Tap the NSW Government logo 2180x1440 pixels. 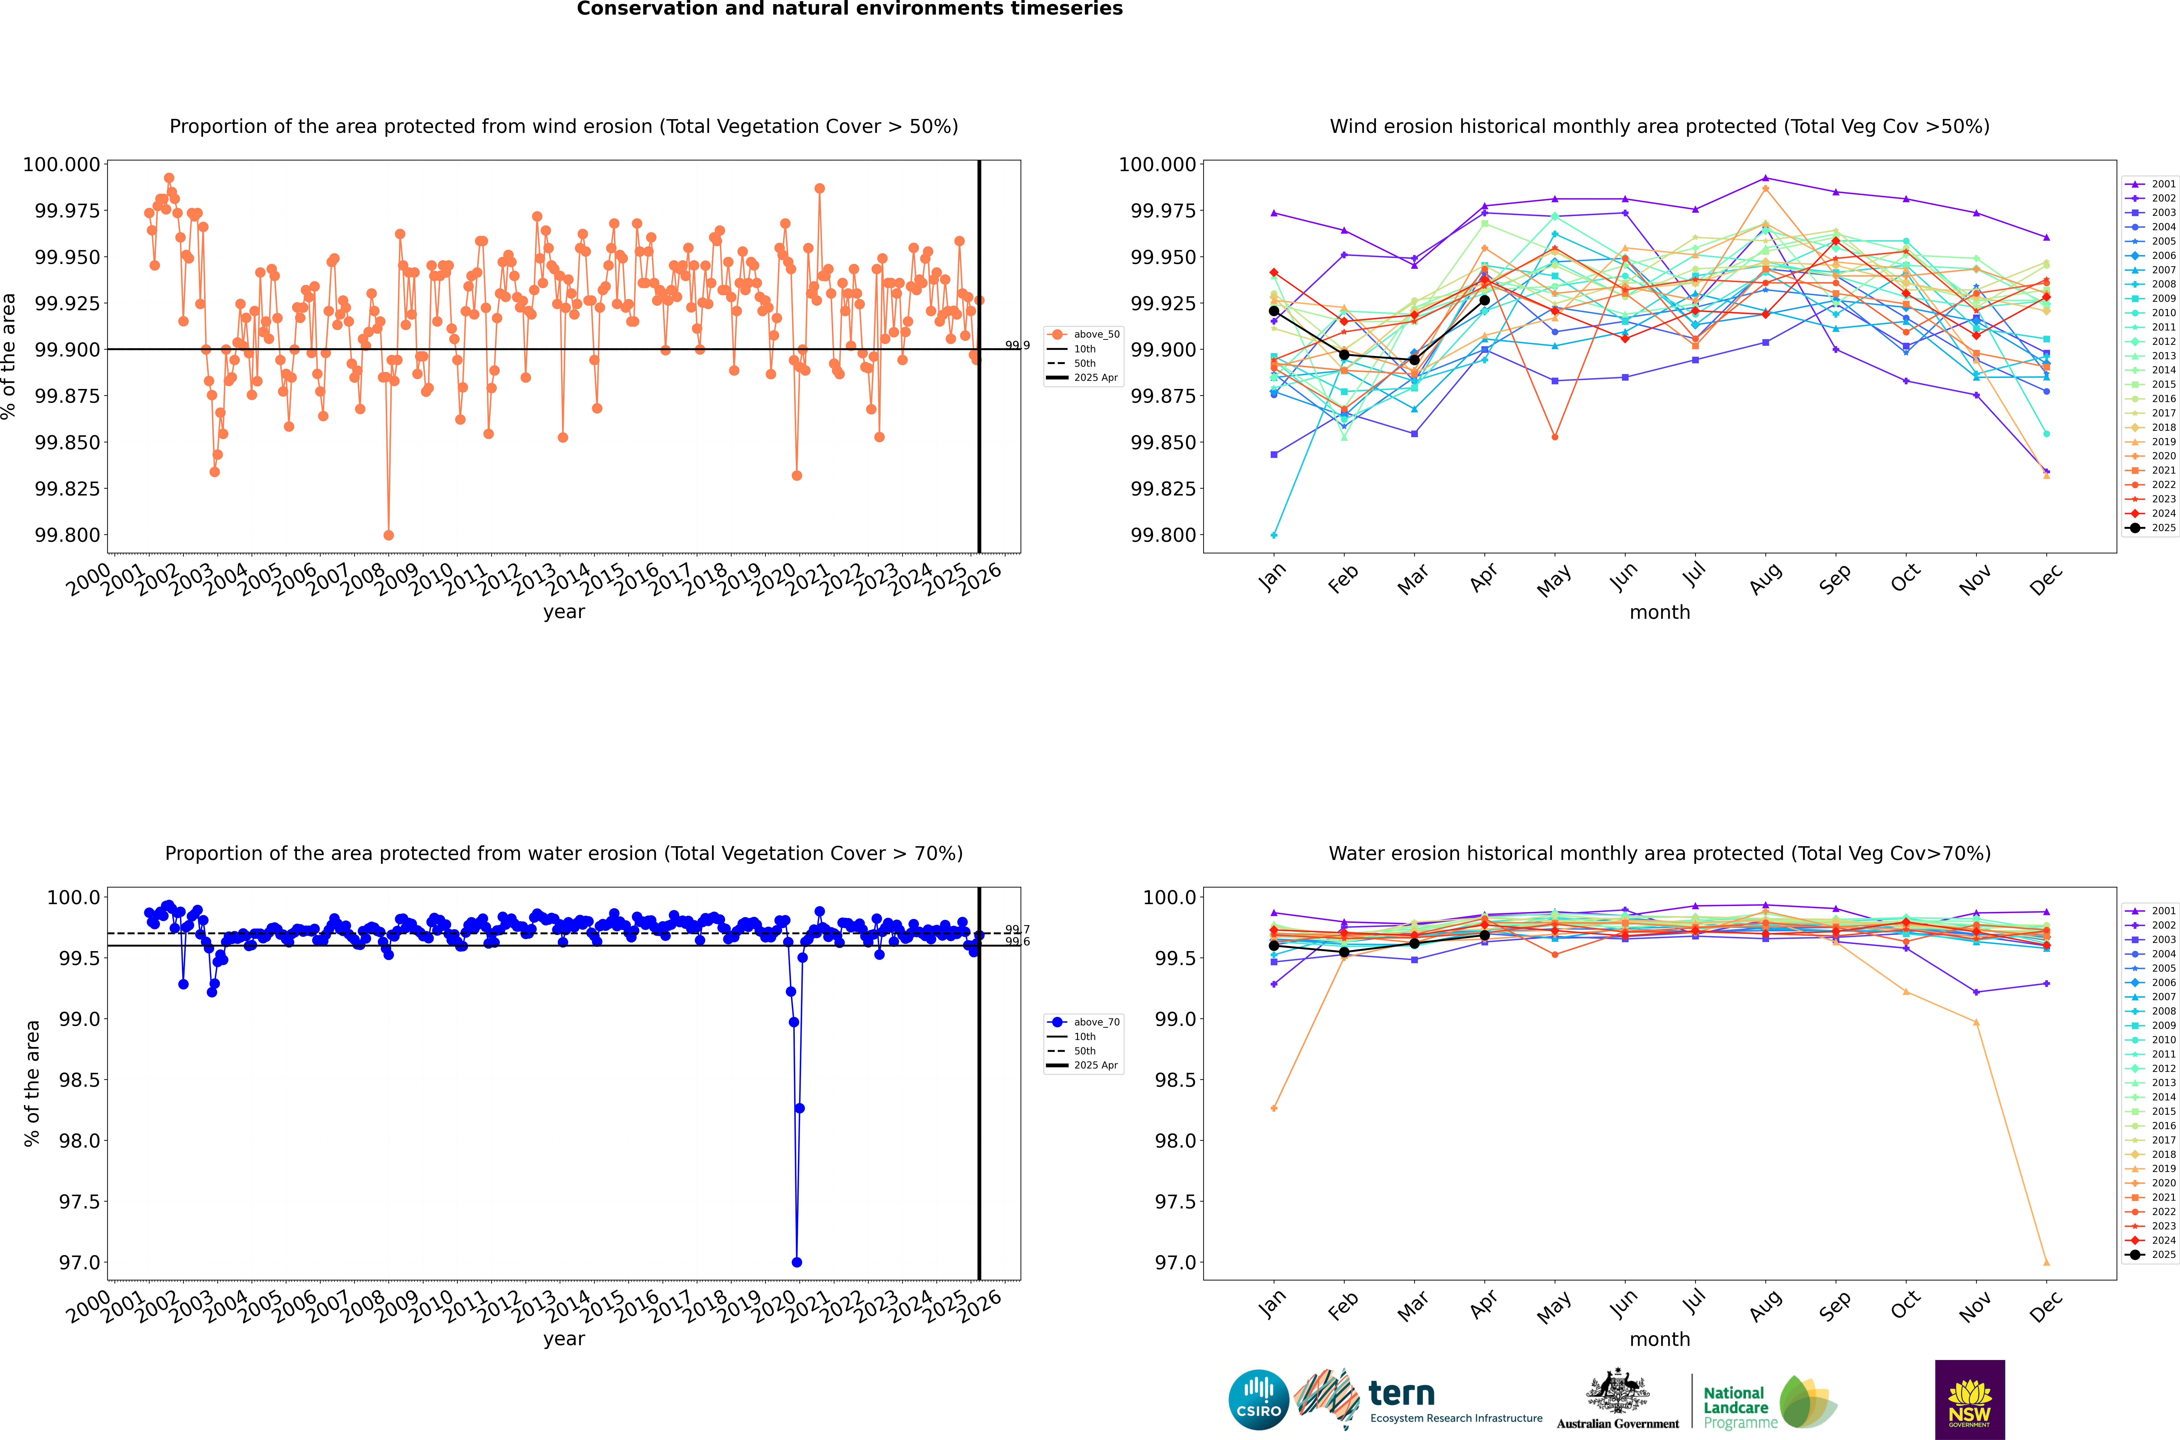tap(1970, 1400)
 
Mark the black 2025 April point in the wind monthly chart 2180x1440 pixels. tap(1485, 300)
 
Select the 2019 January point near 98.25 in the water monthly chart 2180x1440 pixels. tap(1273, 1108)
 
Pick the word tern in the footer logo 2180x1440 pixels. tap(1401, 1394)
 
